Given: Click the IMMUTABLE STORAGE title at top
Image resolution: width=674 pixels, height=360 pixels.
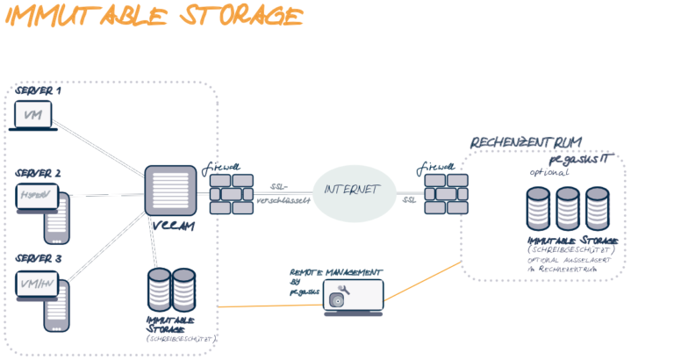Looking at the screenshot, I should (x=153, y=17).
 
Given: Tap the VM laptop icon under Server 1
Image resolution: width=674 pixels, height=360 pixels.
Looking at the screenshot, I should (x=34, y=116).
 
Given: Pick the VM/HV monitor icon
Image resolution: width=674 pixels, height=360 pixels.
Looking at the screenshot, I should (x=34, y=284).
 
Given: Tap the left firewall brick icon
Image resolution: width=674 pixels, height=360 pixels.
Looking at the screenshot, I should (x=232, y=194).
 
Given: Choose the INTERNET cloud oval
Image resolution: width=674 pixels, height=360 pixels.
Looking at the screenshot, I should (x=350, y=191).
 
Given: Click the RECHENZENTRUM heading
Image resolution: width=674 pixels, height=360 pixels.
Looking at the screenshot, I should (x=527, y=142).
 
